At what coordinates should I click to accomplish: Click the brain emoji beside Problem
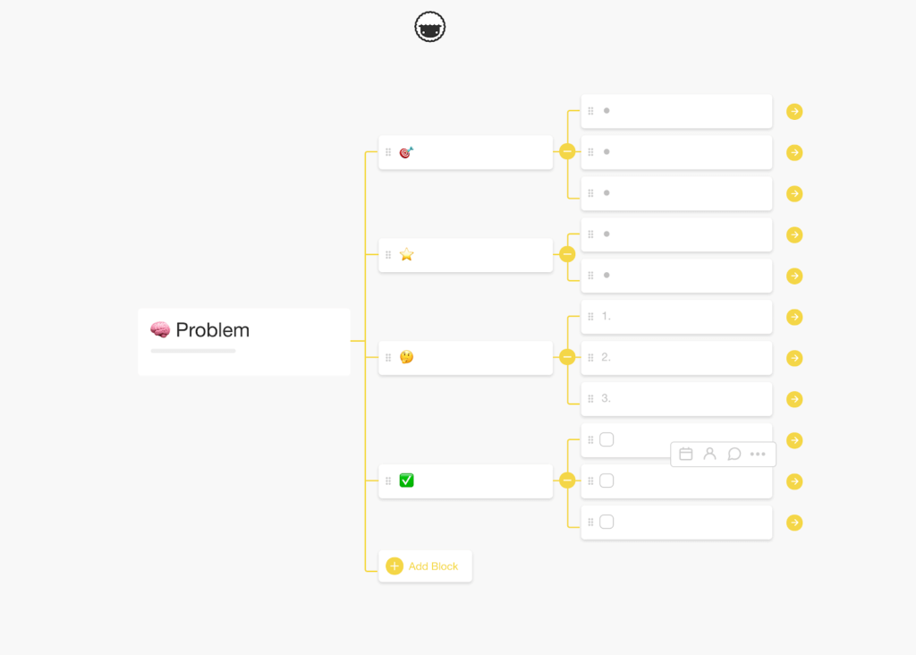pos(160,329)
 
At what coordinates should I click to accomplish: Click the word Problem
pos(213,330)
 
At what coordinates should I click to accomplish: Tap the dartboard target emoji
pos(407,152)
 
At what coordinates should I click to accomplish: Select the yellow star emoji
pos(407,255)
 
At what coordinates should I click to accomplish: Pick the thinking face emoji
pos(407,357)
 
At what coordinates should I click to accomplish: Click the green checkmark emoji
pos(407,481)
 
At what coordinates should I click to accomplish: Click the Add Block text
pos(434,566)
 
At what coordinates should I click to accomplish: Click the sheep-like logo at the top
pos(430,27)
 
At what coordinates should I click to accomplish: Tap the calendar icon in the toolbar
pos(686,454)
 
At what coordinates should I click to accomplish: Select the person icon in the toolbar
pos(709,454)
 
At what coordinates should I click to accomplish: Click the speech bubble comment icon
pos(734,454)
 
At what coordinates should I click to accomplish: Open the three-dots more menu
pos(758,454)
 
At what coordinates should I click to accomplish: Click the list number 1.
pos(606,316)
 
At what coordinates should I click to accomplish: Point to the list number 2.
pos(606,357)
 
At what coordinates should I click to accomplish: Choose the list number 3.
pos(606,398)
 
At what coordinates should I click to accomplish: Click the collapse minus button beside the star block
pos(567,254)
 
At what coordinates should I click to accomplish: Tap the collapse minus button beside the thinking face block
pos(567,357)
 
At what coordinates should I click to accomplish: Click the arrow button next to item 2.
pos(794,358)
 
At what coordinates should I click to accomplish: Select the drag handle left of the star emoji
pos(388,255)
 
